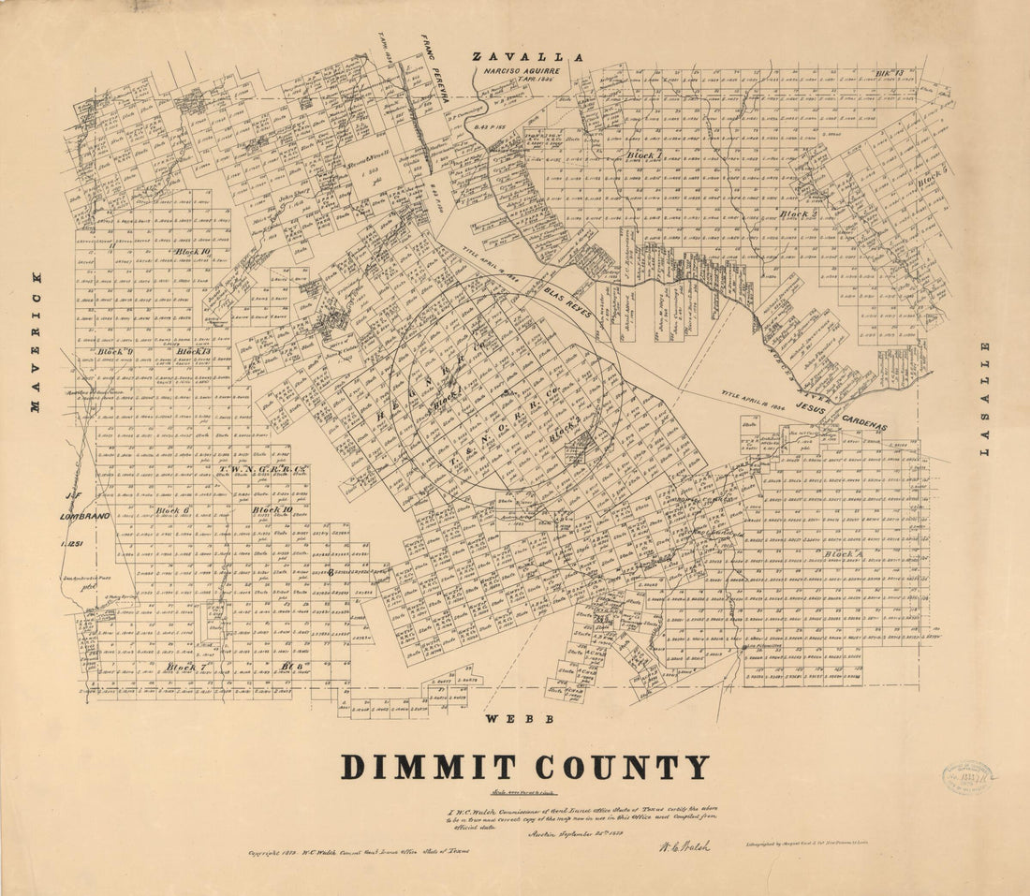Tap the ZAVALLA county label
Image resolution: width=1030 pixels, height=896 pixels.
[x=528, y=57]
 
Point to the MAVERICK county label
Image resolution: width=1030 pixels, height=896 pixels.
[x=37, y=343]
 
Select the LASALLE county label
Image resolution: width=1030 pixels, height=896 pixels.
[x=984, y=399]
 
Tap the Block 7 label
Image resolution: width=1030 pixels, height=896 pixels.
[x=185, y=667]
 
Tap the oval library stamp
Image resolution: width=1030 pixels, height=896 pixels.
[x=967, y=776]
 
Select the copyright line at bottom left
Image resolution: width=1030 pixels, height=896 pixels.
[x=357, y=853]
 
